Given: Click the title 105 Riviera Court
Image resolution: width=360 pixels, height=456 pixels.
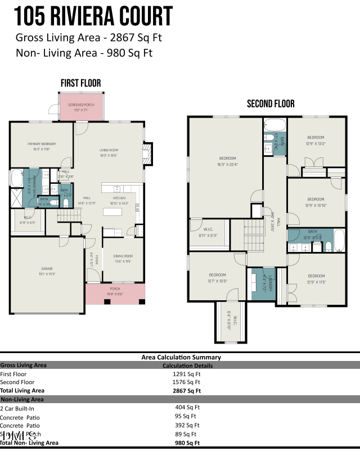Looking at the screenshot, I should [93, 16].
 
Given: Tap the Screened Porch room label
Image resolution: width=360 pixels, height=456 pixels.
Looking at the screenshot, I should [82, 107].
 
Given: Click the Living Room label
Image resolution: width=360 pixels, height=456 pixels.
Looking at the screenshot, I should [109, 151].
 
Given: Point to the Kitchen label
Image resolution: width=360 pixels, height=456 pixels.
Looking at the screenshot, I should [119, 200].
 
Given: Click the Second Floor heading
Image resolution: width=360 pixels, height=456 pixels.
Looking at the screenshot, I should [271, 104].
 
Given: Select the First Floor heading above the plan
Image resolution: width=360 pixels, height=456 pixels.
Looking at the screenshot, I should [81, 83].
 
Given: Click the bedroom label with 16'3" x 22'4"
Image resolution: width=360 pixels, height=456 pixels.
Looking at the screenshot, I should [227, 161].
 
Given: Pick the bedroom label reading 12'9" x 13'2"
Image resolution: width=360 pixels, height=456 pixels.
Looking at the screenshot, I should [315, 139].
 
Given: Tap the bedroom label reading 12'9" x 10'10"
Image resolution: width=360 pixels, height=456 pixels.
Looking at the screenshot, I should [315, 201].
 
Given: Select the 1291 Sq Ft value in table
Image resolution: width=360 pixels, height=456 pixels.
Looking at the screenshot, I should [187, 373].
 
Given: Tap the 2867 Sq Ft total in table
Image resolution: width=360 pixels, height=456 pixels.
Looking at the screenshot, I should [187, 390].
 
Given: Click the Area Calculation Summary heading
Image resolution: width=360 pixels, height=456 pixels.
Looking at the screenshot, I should [181, 357].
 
